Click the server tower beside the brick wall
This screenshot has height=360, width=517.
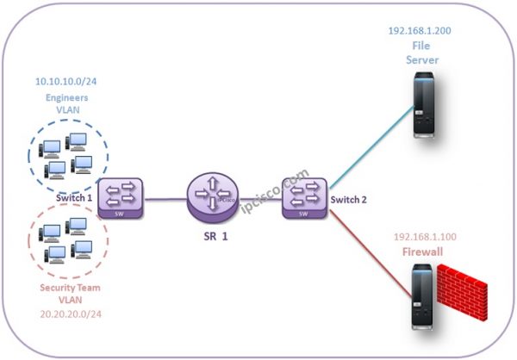[420, 297]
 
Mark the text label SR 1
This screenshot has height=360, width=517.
[213, 235]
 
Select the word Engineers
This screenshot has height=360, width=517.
[66, 98]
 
